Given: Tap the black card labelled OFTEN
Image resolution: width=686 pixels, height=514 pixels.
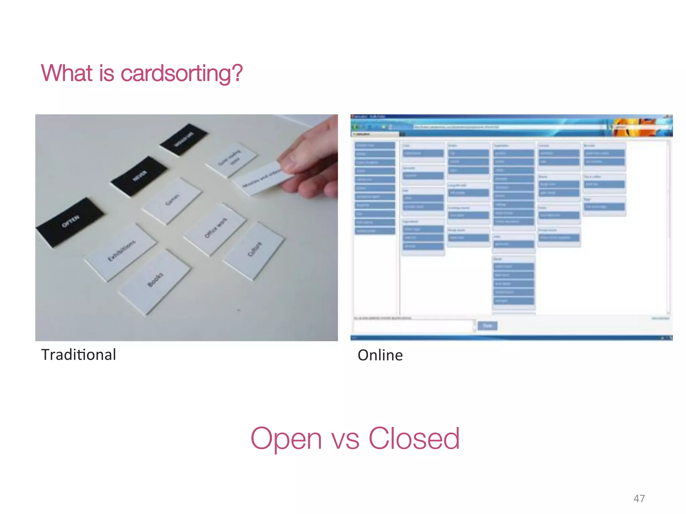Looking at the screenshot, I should [70, 221].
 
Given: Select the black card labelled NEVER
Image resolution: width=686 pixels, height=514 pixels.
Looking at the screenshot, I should [139, 176].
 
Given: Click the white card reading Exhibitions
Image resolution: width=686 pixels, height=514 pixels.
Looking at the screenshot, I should [121, 251].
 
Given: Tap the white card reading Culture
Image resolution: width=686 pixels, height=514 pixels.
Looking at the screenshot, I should [255, 249].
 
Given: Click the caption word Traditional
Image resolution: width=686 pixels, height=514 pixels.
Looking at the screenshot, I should [79, 355].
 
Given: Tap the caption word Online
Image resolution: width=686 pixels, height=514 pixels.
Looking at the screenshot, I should [380, 355].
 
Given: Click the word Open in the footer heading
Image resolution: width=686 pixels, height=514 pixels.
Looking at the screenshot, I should [286, 439].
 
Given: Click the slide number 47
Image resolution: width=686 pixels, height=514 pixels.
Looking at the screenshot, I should [639, 499].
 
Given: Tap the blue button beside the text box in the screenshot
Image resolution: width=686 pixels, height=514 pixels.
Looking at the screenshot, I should [487, 326].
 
